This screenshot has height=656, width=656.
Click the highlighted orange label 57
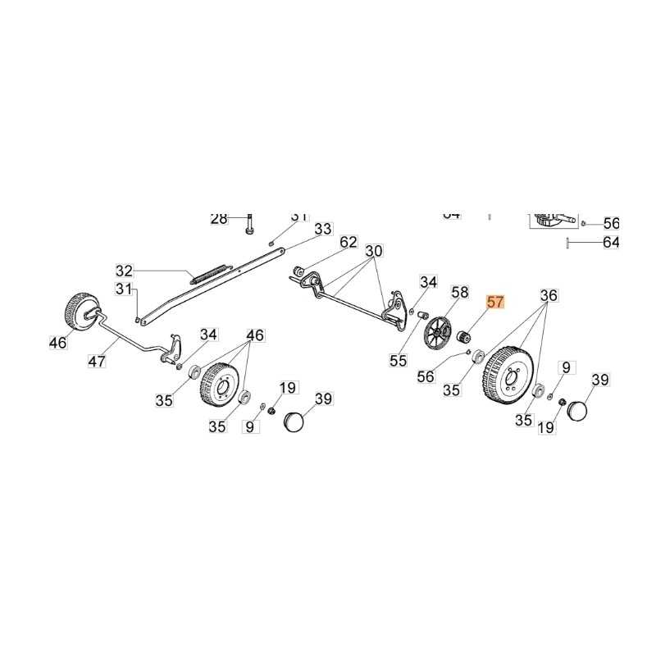(x=496, y=302)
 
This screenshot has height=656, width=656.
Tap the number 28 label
(x=219, y=218)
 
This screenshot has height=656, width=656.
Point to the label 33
(x=323, y=228)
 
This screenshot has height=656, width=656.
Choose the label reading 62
(x=349, y=242)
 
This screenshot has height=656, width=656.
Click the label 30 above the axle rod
(x=374, y=250)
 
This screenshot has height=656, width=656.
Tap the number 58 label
(x=459, y=292)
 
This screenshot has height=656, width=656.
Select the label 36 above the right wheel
(x=549, y=295)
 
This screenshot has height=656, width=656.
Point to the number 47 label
(x=98, y=361)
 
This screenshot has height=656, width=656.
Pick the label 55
(x=398, y=360)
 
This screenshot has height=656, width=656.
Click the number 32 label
(x=124, y=270)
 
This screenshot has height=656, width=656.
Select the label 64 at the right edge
(x=611, y=242)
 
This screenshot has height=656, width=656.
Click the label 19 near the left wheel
(x=288, y=387)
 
